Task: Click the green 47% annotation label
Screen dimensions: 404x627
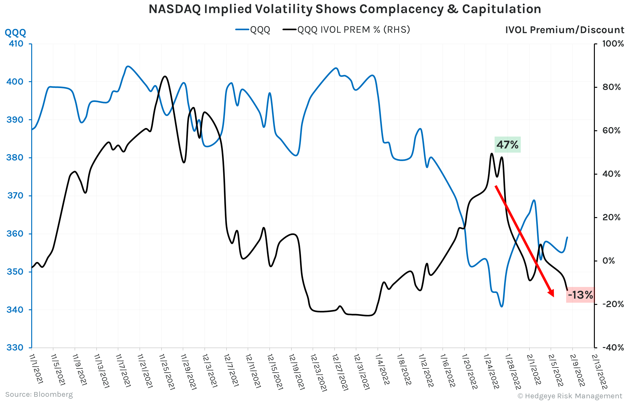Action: click(507, 145)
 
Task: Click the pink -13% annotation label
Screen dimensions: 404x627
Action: click(580, 295)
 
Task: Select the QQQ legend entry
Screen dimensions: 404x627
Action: click(253, 30)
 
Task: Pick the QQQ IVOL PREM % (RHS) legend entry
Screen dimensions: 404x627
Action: click(347, 30)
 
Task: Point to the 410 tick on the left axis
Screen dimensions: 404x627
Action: click(16, 44)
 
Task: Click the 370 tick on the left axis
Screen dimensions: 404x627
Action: click(15, 196)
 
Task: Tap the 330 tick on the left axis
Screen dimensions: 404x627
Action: click(16, 348)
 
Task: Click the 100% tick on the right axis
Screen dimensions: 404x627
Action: click(613, 44)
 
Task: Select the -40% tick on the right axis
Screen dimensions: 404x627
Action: click(613, 348)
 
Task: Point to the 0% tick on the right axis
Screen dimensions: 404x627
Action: click(608, 261)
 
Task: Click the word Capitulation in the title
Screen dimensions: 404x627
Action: click(501, 9)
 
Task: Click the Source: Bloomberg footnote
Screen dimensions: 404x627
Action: click(39, 395)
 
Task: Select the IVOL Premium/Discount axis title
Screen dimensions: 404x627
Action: click(564, 30)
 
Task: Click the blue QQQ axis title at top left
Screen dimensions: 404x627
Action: click(15, 32)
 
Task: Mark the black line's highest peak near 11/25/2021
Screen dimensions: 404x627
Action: click(165, 76)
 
